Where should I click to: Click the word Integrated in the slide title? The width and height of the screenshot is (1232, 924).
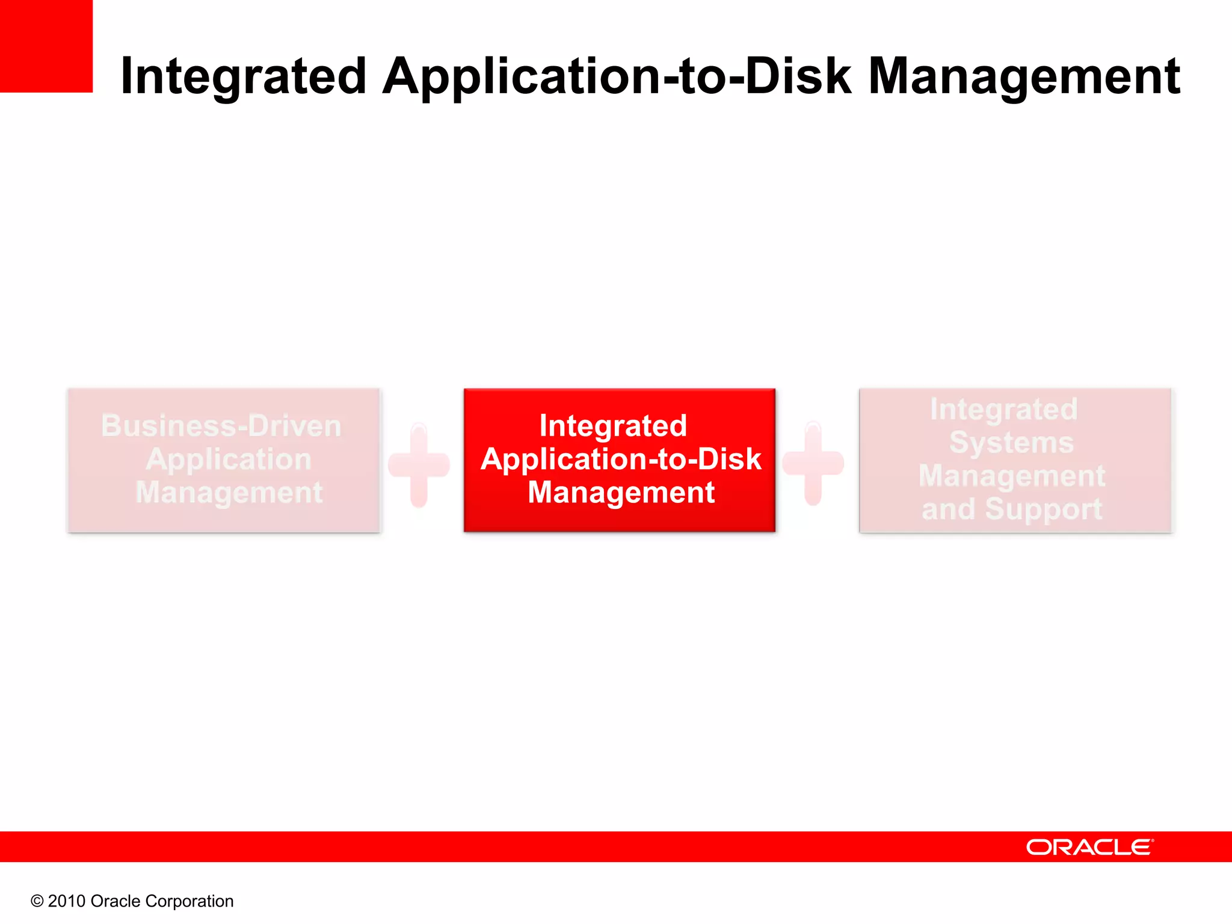[243, 76]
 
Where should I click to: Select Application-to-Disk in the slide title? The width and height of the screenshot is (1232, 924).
[617, 76]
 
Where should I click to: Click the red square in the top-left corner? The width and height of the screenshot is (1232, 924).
[46, 46]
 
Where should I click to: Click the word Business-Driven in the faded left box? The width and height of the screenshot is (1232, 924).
[221, 426]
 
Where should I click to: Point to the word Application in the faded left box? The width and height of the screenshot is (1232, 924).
[229, 460]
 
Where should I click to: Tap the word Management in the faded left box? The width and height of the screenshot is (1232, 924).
[229, 493]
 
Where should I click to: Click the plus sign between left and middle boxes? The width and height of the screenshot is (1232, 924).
[419, 464]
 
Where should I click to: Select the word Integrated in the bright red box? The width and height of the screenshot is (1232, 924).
[613, 426]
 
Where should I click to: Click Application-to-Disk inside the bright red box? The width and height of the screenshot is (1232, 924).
[621, 460]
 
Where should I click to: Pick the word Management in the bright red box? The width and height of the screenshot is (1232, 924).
[621, 493]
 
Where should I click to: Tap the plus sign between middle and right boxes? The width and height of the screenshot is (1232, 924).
[813, 463]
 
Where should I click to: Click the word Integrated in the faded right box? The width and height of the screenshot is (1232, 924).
[1003, 410]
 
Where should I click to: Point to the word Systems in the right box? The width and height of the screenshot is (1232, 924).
[1011, 443]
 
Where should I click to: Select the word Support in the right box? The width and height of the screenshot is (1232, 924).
[1044, 510]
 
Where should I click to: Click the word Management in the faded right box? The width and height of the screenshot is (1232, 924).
[1011, 476]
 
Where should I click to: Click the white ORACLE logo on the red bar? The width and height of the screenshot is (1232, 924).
[1089, 847]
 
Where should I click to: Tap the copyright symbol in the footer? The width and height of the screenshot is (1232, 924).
[37, 901]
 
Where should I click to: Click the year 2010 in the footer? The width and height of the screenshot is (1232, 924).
[66, 901]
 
